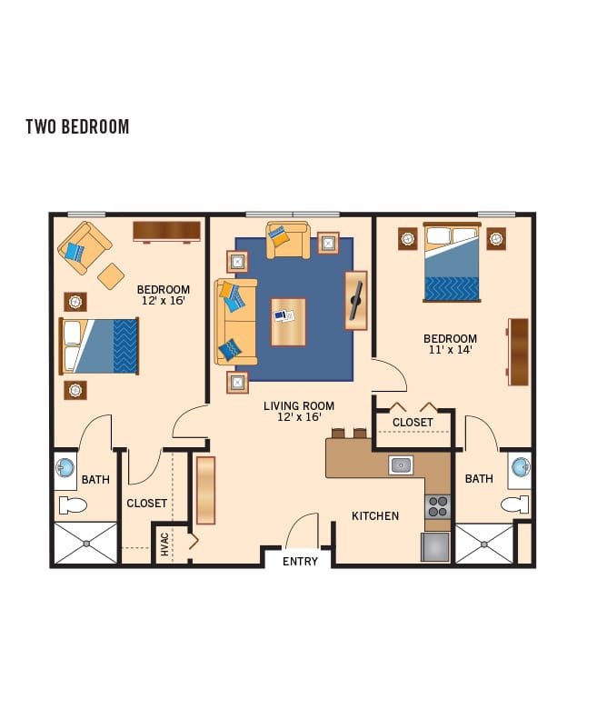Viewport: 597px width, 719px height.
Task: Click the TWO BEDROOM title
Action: (x=77, y=126)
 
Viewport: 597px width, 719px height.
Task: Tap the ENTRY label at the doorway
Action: (x=300, y=561)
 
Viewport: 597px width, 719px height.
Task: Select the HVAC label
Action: (x=164, y=544)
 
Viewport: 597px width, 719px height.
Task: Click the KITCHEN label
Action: (x=375, y=516)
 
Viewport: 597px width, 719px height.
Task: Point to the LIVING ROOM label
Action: (x=298, y=405)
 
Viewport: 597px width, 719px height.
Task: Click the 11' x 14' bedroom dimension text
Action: (x=451, y=349)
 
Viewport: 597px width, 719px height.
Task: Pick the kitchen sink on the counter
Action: (x=401, y=465)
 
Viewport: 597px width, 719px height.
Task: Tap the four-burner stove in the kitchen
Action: (x=438, y=506)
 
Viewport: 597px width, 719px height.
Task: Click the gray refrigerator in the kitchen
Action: (x=435, y=546)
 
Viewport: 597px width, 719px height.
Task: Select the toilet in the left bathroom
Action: (x=73, y=505)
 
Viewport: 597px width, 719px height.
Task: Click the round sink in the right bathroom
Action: (x=521, y=467)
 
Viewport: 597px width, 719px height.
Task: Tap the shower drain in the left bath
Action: (x=86, y=544)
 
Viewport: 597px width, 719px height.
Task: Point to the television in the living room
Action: (x=356, y=300)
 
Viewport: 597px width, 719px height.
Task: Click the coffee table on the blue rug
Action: (x=288, y=322)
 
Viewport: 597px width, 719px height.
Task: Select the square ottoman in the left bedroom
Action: (x=111, y=276)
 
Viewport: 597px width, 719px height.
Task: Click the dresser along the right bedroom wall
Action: (x=518, y=352)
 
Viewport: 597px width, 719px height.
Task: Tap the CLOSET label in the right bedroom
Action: (x=413, y=422)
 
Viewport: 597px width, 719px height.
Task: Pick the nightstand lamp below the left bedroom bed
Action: (x=75, y=390)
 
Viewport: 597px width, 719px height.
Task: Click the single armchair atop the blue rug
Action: (x=288, y=240)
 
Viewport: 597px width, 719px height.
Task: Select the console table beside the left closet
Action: (x=205, y=490)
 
